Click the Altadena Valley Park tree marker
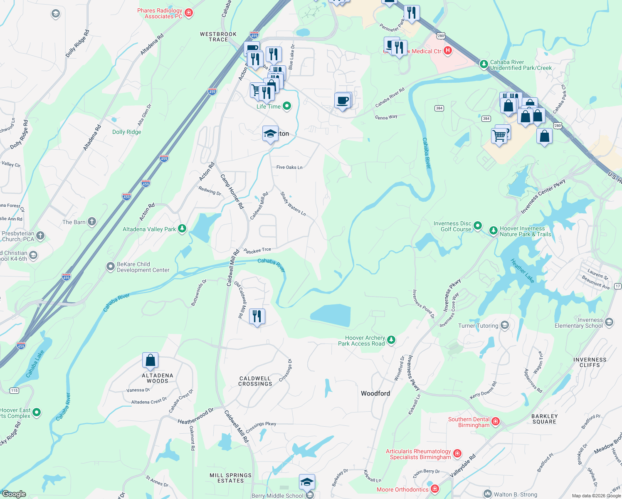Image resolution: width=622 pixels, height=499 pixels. pyautogui.click(x=182, y=229)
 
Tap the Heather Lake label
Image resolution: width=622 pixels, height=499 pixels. pyautogui.click(x=522, y=271)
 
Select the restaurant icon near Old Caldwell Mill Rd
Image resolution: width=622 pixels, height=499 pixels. pyautogui.click(x=257, y=316)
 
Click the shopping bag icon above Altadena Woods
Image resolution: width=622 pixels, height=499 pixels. pyautogui.click(x=150, y=360)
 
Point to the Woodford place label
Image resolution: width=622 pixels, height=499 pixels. pyautogui.click(x=375, y=393)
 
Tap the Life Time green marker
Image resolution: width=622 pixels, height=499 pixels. pyautogui.click(x=287, y=106)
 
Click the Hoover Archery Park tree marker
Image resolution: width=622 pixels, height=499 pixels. pyautogui.click(x=391, y=340)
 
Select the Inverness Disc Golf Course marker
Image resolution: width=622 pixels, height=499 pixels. pyautogui.click(x=478, y=226)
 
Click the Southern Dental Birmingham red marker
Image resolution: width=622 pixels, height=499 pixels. pyautogui.click(x=495, y=422)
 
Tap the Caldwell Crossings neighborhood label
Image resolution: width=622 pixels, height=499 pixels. pyautogui.click(x=255, y=381)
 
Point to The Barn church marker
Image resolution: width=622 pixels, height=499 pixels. pyautogui.click(x=91, y=222)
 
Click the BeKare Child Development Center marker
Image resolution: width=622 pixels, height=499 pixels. pyautogui.click(x=110, y=267)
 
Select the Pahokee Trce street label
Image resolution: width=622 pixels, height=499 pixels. pyautogui.click(x=257, y=250)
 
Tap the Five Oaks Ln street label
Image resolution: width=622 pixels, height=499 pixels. pyautogui.click(x=289, y=167)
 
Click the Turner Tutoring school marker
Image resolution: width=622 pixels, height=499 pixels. pyautogui.click(x=505, y=325)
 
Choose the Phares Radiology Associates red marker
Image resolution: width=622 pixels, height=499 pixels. pyautogui.click(x=189, y=13)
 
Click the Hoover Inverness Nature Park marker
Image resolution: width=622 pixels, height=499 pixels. pyautogui.click(x=493, y=230)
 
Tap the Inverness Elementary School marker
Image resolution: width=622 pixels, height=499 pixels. pyautogui.click(x=609, y=322)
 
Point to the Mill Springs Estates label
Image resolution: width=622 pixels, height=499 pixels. pyautogui.click(x=230, y=478)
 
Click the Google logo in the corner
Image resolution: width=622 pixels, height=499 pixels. pyautogui.click(x=14, y=494)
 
